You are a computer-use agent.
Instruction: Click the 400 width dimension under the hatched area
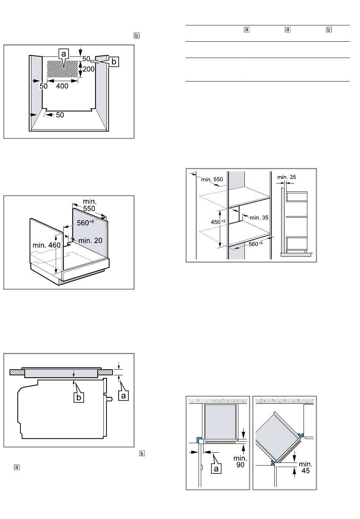pos(62,86)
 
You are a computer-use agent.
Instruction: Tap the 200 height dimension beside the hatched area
pos(89,69)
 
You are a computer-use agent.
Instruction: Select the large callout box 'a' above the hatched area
pos(64,54)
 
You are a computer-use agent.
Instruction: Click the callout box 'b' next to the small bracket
pos(114,62)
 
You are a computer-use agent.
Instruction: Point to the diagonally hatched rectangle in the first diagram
pos(63,69)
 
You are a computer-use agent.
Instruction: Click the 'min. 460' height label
pos(47,245)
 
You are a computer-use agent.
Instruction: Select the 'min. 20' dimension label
pos(90,240)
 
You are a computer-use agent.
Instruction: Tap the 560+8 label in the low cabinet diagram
pos(85,223)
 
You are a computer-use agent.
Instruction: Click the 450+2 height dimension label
pos(218,222)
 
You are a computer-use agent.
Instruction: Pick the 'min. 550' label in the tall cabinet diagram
pos(212,179)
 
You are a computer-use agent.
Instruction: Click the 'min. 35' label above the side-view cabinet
pos(286,177)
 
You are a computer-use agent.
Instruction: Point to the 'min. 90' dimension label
pos(240,461)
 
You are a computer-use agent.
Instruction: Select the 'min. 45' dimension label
pos(305,467)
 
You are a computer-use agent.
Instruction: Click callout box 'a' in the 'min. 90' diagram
pos(216,468)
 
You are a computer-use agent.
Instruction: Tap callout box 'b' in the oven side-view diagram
pos(79,397)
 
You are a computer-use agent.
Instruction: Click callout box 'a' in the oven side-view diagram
pos(124,395)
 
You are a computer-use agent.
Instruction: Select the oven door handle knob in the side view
pos(110,399)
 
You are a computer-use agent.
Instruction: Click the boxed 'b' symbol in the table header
pos(329,30)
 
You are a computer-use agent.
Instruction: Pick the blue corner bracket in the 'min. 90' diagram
pos(199,440)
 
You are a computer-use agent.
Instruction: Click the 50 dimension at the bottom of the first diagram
pos(60,115)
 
